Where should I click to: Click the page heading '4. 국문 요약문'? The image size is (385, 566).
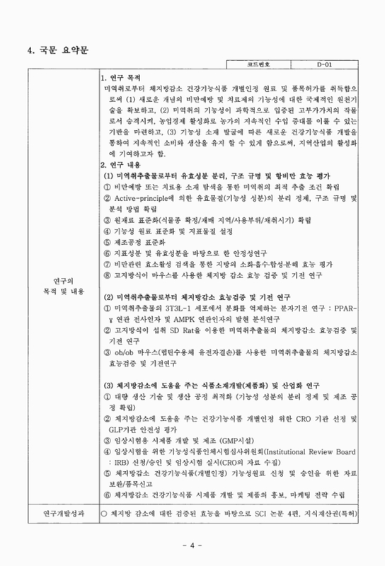pyautogui.click(x=59, y=49)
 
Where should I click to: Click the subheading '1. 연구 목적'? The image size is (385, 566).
pyautogui.click(x=125, y=76)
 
